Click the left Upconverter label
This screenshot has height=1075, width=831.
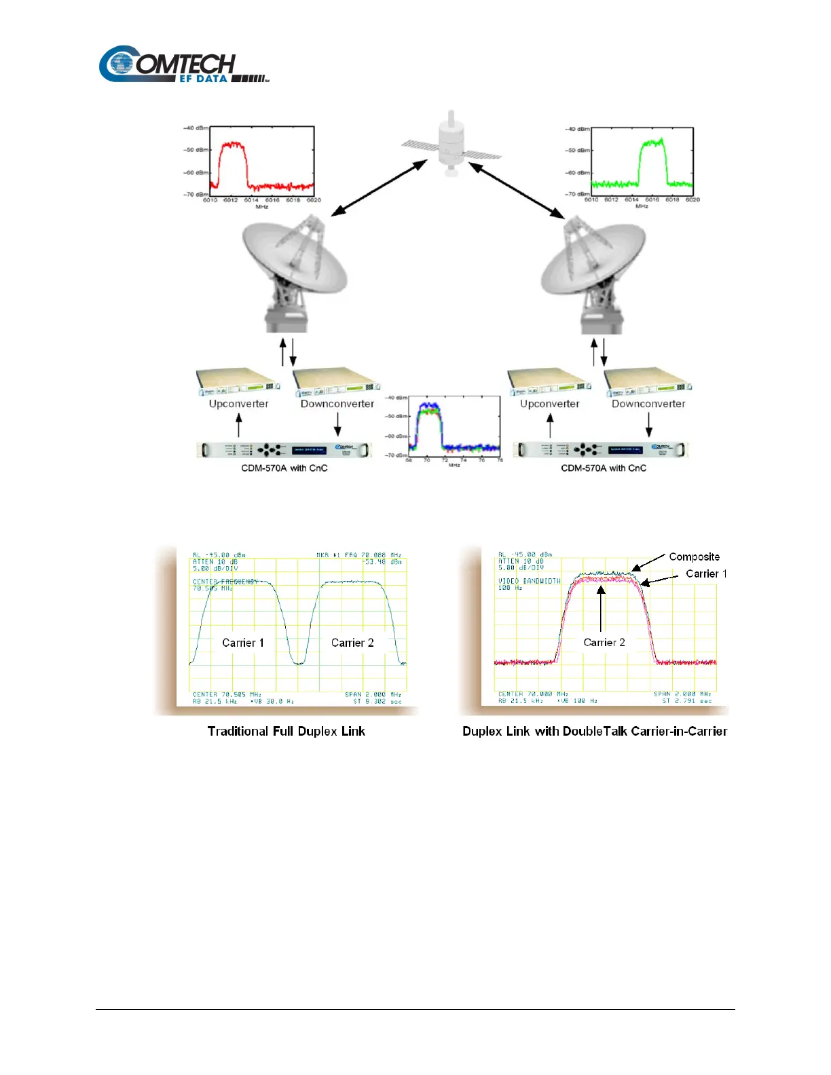coord(238,404)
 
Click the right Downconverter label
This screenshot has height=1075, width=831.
coord(648,404)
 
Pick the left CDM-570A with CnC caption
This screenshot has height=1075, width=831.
coord(284,468)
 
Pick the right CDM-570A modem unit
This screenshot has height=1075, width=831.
coord(600,449)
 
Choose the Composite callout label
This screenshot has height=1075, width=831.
coord(694,557)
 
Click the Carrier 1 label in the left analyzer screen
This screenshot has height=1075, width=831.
coord(243,643)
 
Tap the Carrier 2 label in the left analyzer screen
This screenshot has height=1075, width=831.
coord(352,643)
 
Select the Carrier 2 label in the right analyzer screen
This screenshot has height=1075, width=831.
coord(604,642)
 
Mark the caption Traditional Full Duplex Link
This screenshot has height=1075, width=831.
coord(286,732)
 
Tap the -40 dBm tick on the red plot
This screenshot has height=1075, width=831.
coord(196,128)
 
